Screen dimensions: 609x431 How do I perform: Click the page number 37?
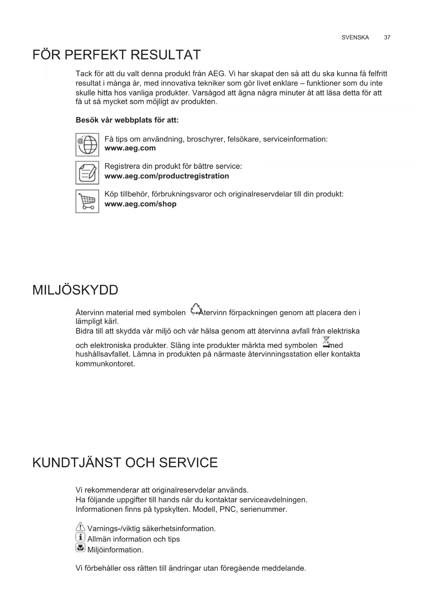387,37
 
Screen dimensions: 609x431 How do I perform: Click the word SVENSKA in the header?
355,37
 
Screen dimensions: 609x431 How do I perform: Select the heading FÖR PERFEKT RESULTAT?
117,55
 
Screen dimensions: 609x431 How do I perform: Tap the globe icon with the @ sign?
87,144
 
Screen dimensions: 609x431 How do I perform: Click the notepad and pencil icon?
87,173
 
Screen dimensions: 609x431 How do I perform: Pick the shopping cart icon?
87,201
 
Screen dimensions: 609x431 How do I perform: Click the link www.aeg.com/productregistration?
167,176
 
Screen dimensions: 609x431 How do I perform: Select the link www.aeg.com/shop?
140,204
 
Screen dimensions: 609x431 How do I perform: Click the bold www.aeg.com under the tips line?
130,148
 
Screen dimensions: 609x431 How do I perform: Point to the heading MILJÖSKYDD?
75,290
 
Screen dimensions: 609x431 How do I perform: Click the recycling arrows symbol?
196,309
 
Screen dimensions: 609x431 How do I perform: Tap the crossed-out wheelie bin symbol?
326,342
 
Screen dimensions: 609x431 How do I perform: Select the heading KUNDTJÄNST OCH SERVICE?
125,463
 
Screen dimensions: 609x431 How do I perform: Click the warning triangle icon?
80,527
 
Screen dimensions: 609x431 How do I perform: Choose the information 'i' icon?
80,537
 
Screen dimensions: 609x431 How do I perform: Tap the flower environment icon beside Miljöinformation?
80,548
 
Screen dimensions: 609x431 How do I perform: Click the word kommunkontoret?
105,364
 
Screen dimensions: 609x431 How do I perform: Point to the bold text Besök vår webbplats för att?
127,120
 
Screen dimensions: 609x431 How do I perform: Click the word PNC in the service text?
227,509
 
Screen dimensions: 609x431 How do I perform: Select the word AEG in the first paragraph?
216,74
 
